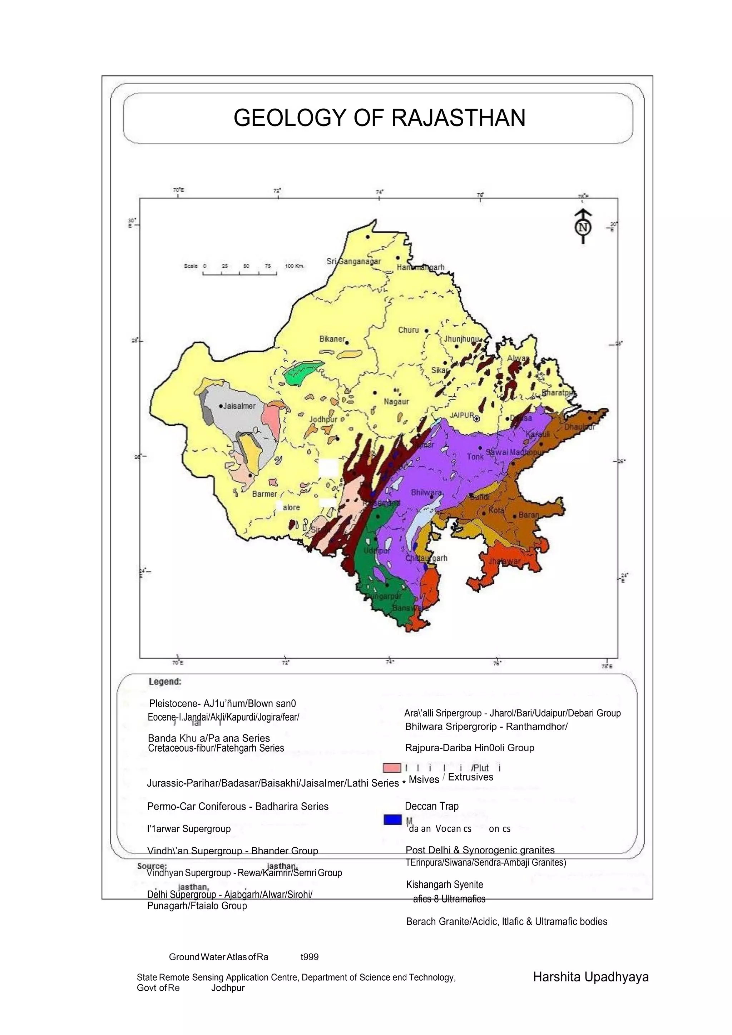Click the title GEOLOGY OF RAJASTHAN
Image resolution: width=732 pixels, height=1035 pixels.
click(379, 118)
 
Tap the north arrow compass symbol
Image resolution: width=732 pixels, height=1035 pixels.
click(583, 226)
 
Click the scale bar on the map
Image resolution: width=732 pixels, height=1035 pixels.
click(240, 272)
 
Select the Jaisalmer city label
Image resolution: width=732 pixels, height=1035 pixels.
click(239, 406)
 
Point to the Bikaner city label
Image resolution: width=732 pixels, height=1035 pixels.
click(332, 339)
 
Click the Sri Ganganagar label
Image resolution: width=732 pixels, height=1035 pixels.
click(353, 262)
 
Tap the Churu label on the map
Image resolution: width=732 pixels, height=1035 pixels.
click(409, 330)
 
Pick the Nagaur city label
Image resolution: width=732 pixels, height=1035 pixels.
click(396, 401)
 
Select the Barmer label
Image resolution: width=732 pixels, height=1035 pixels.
click(264, 494)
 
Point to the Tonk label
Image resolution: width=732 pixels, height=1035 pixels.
click(475, 457)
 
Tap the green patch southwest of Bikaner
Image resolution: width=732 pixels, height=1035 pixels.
click(303, 372)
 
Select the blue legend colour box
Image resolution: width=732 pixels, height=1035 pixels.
click(392, 820)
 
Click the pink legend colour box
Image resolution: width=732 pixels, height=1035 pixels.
click(392, 768)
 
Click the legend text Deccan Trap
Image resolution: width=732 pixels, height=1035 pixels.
click(431, 806)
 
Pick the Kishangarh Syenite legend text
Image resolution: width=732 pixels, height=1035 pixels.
click(444, 885)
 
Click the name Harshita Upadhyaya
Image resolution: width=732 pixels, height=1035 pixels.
click(590, 977)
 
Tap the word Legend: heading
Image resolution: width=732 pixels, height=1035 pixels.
click(165, 682)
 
